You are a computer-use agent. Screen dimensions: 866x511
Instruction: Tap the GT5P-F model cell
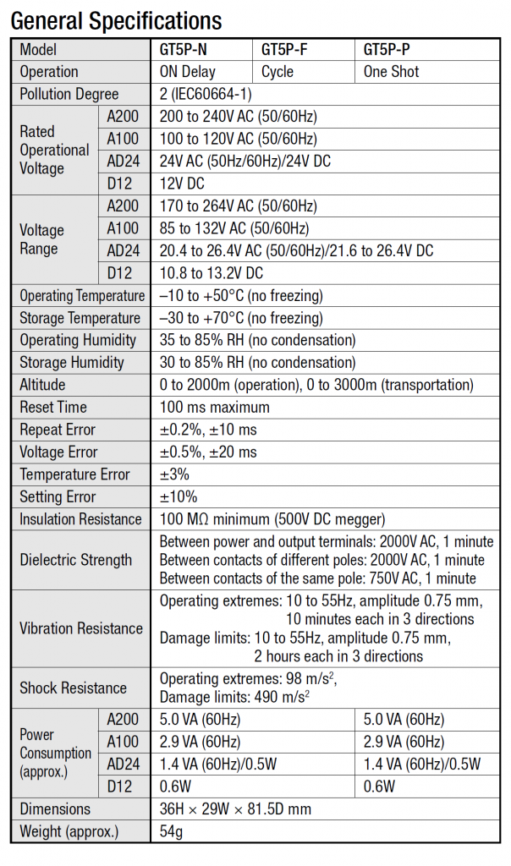click(x=284, y=50)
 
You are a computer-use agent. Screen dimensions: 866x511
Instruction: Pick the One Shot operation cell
click(x=391, y=72)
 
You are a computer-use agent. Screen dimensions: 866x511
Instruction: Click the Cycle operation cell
click(x=279, y=72)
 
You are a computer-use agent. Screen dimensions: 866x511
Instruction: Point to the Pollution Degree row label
click(x=69, y=94)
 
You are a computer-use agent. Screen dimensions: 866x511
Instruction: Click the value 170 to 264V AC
click(x=239, y=206)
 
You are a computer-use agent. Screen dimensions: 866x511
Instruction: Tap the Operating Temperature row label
click(x=82, y=296)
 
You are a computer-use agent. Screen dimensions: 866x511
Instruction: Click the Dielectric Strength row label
click(x=76, y=560)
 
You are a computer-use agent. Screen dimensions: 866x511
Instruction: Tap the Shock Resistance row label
click(x=74, y=688)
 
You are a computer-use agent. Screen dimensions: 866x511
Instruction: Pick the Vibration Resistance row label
click(x=81, y=628)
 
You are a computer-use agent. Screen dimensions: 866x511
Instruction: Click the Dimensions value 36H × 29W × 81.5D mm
click(x=235, y=808)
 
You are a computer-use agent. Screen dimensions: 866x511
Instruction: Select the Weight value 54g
click(x=172, y=831)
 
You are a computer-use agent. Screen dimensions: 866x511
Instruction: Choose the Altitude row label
click(x=42, y=385)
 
